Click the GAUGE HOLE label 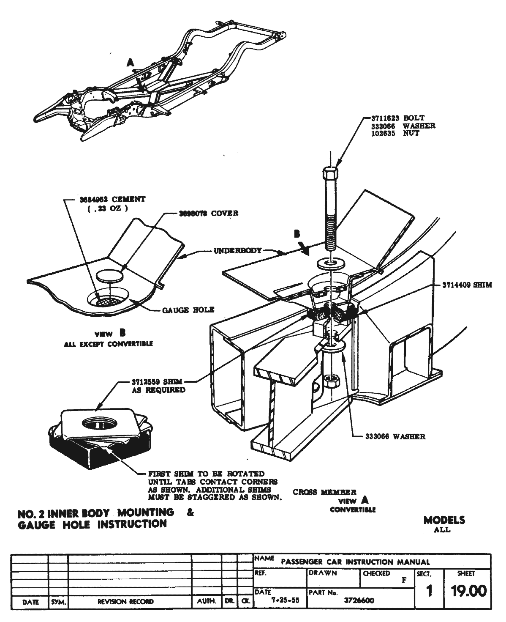(188, 310)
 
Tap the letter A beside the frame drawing (131, 63)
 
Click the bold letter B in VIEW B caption (122, 333)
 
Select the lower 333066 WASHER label (395, 437)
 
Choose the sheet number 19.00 (468, 591)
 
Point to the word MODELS (444, 520)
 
